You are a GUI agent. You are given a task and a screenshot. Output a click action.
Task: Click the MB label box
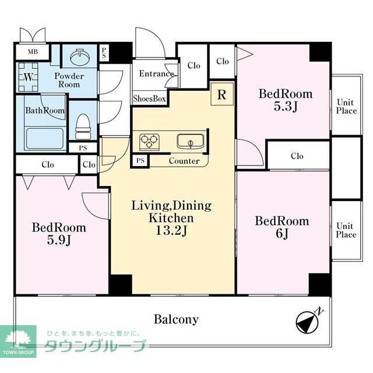tap(28, 51)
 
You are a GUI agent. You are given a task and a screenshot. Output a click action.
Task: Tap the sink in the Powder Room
tap(79, 58)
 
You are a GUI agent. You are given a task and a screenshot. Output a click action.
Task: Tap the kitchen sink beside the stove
tap(189, 141)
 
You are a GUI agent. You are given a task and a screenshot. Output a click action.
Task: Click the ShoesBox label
tap(150, 99)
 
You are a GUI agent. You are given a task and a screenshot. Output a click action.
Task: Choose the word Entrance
tap(156, 73)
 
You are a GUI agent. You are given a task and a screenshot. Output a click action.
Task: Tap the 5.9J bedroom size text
tap(58, 241)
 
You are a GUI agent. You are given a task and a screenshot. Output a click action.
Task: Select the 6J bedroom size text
tap(282, 235)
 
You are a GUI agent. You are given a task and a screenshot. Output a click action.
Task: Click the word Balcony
tap(176, 319)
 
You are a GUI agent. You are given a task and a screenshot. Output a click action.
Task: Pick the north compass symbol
tap(307, 321)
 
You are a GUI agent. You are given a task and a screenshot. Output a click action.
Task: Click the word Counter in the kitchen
tap(184, 161)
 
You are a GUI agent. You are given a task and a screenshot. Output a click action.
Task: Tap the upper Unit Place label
tap(346, 107)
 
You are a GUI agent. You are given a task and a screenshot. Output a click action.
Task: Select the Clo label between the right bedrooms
tap(297, 156)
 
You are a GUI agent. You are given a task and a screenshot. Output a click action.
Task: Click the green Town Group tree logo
tap(18, 341)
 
